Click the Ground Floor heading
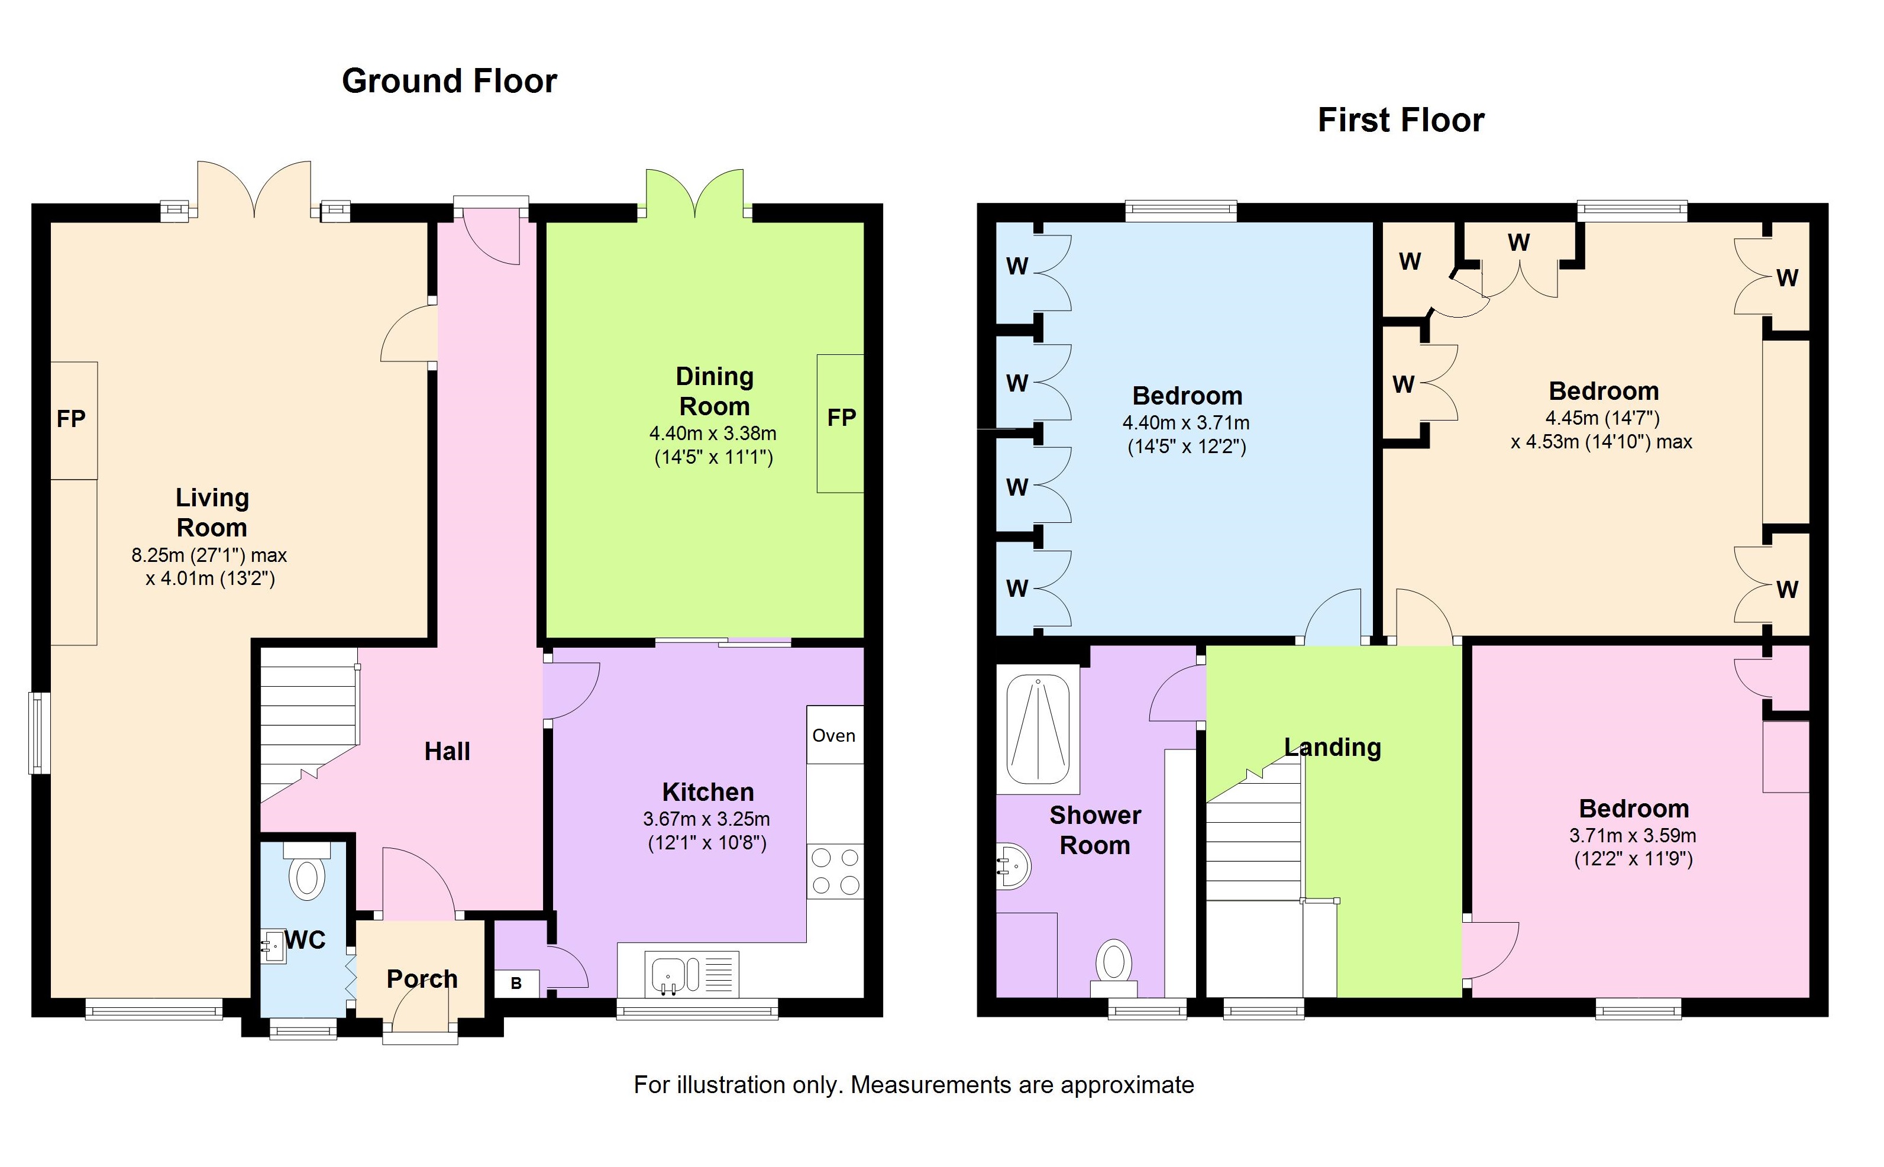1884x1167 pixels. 449,81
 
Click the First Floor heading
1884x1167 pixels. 1401,121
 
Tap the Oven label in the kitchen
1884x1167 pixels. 833,736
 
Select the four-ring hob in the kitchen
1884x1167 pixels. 835,871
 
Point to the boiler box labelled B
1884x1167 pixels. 516,983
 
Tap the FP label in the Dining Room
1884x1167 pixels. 841,418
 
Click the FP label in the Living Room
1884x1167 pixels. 71,419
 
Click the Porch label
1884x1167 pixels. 422,979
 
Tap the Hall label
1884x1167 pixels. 447,751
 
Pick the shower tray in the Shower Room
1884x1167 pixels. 1038,729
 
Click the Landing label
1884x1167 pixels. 1333,747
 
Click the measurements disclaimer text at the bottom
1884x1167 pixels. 914,1085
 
